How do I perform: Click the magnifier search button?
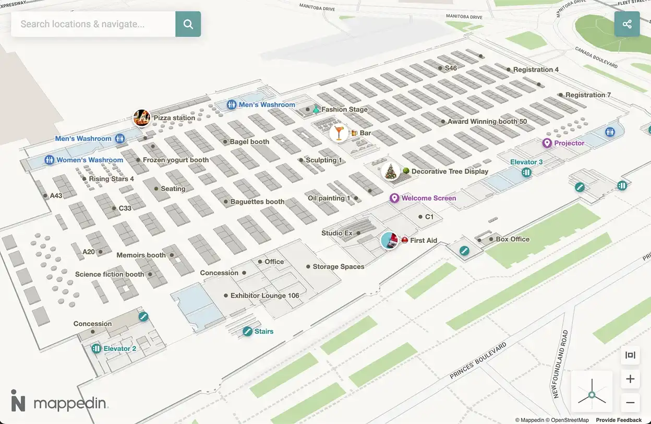point(188,24)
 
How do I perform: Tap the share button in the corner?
point(627,24)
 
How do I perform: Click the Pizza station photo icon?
point(142,118)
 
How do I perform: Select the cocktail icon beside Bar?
point(339,133)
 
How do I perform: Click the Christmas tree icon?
point(390,171)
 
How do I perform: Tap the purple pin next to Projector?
point(547,143)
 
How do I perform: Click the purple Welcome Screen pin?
point(394,198)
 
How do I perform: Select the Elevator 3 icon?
point(527,171)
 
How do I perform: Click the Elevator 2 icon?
point(96,348)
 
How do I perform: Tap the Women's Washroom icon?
point(50,160)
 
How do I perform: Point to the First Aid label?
point(424,241)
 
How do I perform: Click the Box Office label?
point(512,239)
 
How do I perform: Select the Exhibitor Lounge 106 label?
point(265,296)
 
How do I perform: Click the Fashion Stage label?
point(344,110)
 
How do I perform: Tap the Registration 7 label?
point(588,95)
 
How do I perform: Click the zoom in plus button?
point(630,379)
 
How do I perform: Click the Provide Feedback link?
point(619,420)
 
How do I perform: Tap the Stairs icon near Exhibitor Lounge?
point(248,331)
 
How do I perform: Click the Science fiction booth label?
point(110,274)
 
